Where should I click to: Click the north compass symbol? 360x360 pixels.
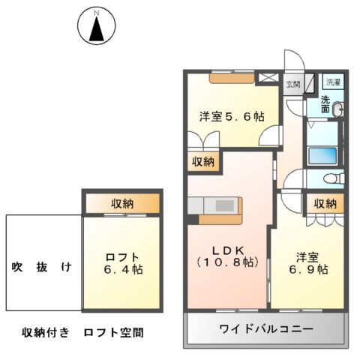[x=95, y=28]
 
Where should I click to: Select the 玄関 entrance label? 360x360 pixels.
[x=292, y=85]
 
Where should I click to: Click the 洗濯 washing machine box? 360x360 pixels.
[x=332, y=82]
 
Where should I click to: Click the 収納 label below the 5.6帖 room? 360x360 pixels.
[x=202, y=160]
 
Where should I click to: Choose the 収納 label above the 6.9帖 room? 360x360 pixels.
[x=325, y=203]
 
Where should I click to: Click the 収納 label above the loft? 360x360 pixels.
[x=123, y=202]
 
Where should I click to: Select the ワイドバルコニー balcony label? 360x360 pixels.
[x=265, y=329]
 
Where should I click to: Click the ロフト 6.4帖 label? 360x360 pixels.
[x=123, y=263]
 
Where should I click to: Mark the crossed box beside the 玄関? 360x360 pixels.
[x=268, y=77]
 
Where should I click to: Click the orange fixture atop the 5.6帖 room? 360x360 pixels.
[x=232, y=76]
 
